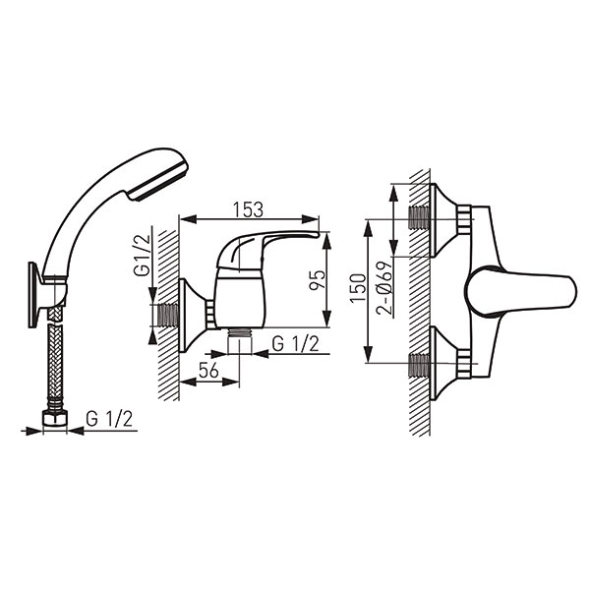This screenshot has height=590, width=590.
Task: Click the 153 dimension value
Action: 248,209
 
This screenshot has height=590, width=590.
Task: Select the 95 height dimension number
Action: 317,280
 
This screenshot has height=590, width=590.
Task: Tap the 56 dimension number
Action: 208,371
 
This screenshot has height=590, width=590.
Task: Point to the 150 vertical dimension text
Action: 358,287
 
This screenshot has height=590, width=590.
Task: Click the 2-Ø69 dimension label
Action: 384,288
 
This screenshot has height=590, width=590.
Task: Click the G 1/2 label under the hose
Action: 109,419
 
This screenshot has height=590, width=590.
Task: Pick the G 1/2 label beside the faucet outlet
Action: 295,343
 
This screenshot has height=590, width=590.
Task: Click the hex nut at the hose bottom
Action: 55,419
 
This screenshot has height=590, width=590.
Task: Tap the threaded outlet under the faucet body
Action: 240,333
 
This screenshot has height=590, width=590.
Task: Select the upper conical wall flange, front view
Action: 445,220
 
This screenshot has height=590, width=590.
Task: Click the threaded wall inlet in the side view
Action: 168,316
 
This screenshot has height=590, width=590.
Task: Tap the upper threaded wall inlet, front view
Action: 419,217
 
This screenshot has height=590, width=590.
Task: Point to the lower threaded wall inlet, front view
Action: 419,365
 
